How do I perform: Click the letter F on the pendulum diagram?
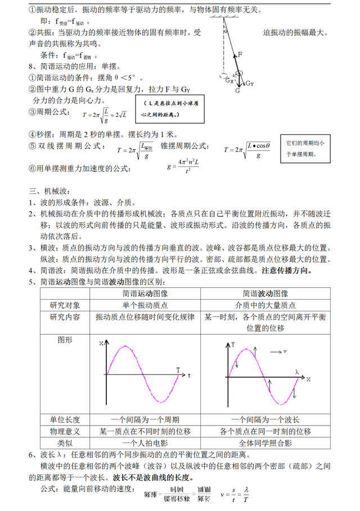pyautogui.click(x=240, y=55)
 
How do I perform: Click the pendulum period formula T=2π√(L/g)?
pyautogui.click(x=104, y=115)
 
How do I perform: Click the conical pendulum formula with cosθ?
pyautogui.click(x=247, y=149)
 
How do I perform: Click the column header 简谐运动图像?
pyautogui.click(x=145, y=293)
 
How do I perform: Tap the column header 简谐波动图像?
pyautogui.click(x=265, y=293)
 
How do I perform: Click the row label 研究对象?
pyautogui.click(x=65, y=305)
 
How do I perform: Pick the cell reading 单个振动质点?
pyautogui.click(x=145, y=305)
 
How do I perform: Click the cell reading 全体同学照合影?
pyautogui.click(x=265, y=444)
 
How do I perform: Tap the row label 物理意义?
pyautogui.click(x=65, y=431)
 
